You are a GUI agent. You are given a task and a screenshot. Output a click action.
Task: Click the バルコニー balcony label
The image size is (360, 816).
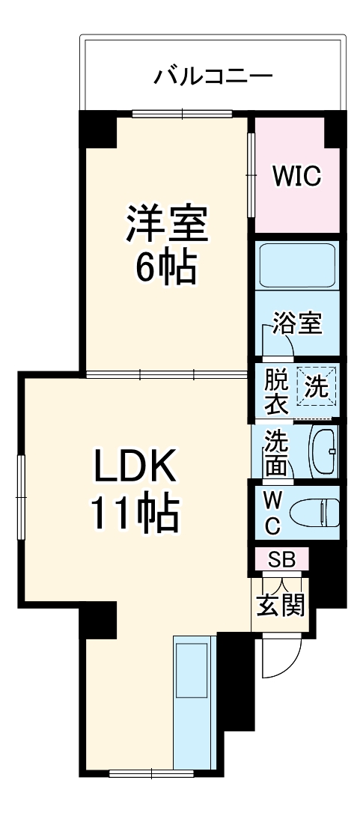213,76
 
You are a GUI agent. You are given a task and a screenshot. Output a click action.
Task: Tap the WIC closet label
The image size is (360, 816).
296,177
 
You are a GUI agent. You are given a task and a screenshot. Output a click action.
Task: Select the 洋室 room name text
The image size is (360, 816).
165,224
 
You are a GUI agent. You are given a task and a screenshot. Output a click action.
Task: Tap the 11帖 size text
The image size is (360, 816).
135,514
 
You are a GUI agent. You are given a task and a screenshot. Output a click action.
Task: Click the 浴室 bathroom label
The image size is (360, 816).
297,323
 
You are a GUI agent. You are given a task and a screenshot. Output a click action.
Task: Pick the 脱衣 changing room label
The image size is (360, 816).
275,392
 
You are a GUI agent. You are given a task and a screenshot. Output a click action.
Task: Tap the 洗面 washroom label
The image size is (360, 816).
275,453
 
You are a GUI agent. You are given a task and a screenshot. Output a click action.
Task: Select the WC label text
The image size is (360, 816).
273,512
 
